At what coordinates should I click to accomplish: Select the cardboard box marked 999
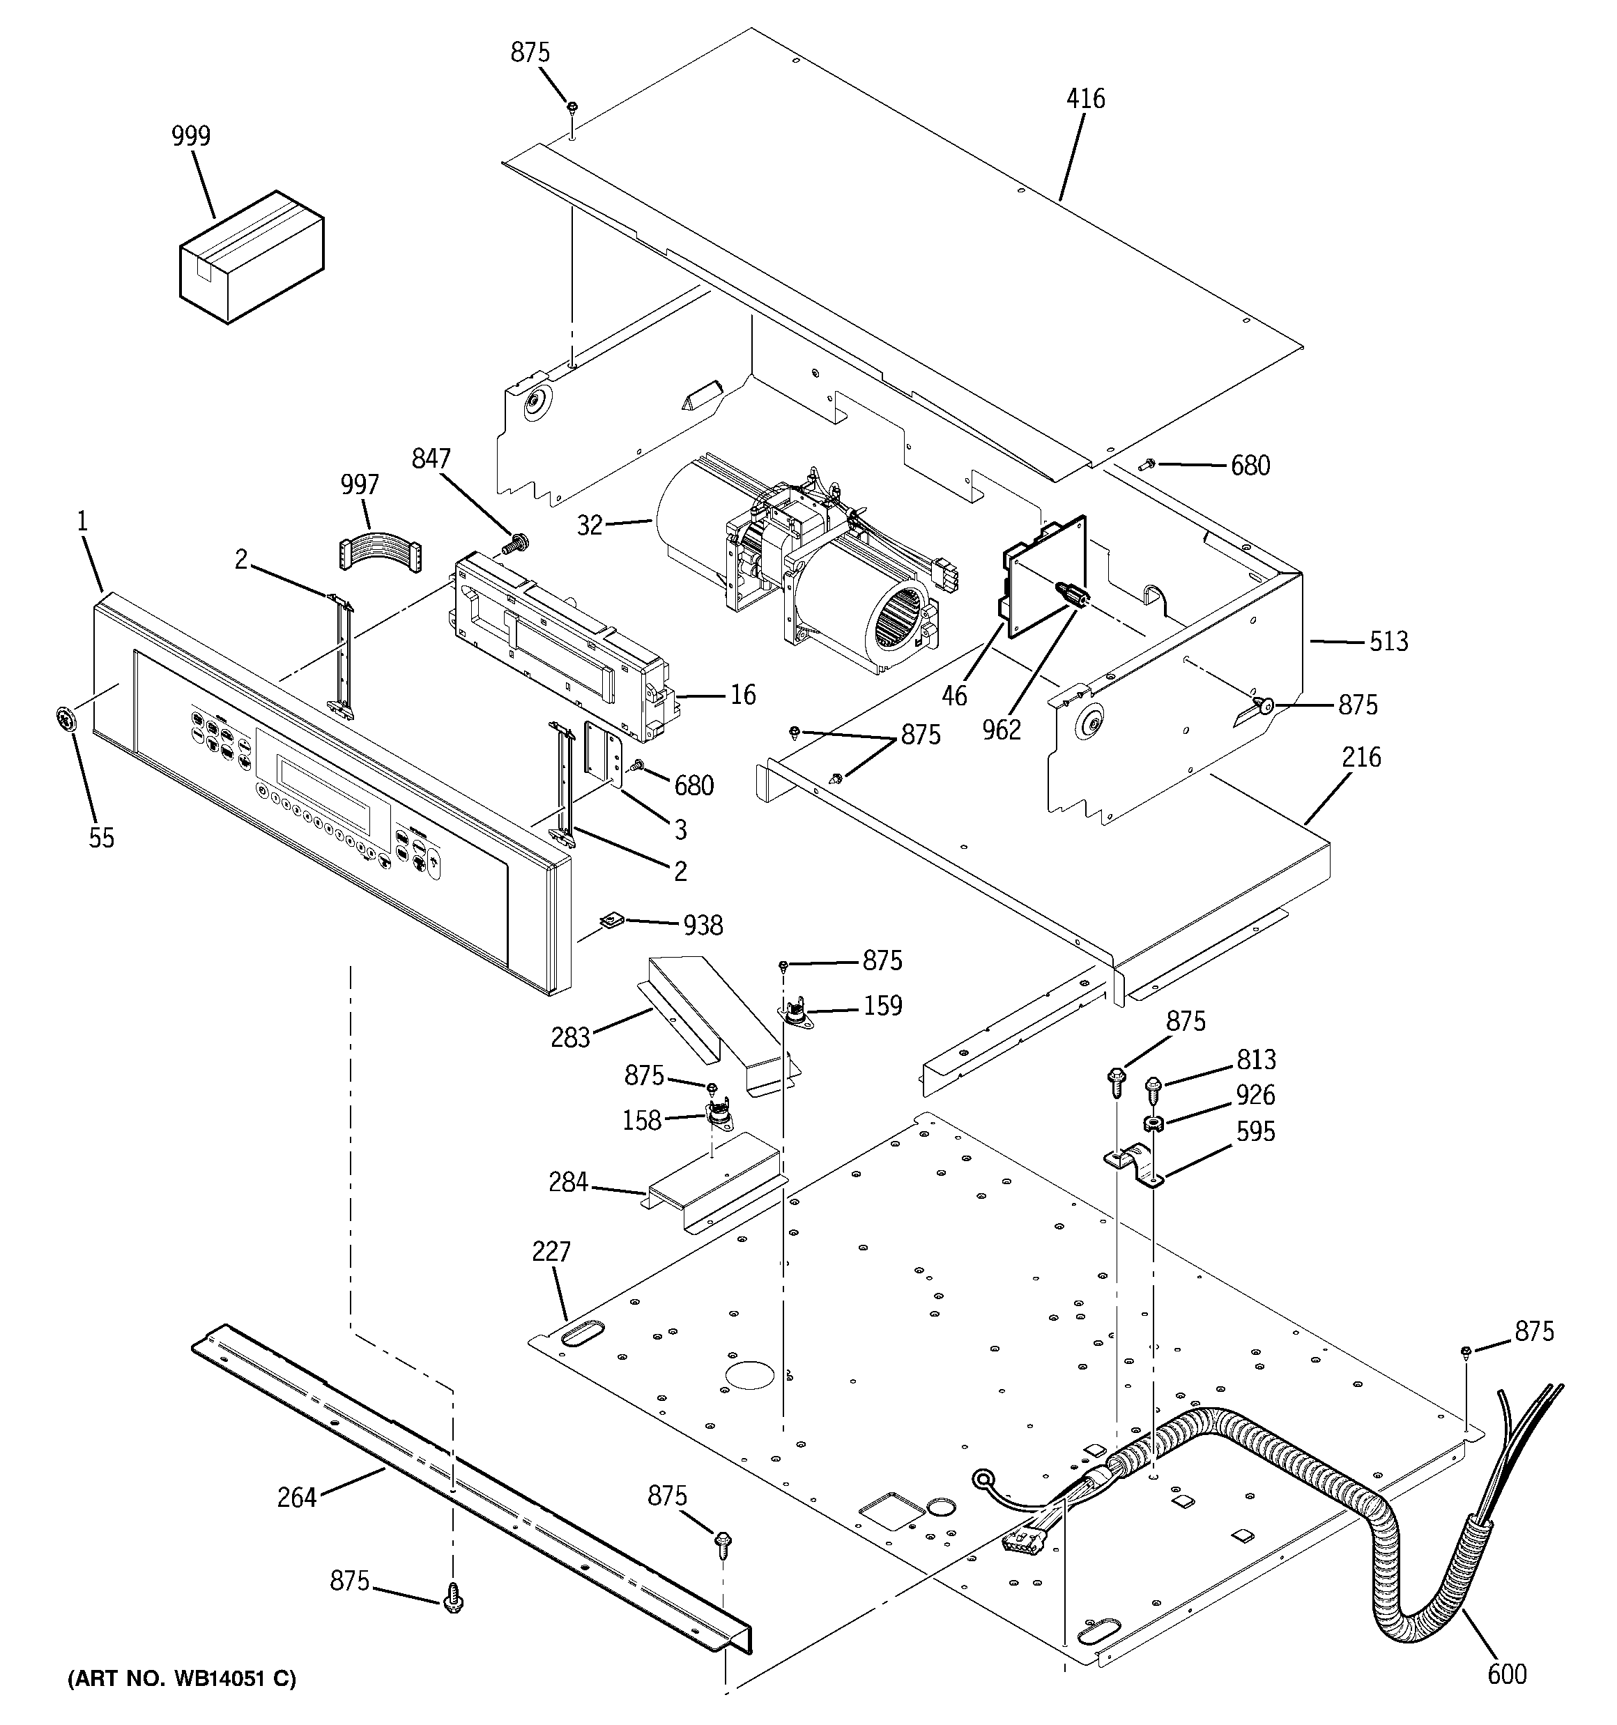click(x=251, y=259)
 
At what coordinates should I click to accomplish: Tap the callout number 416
click(x=1085, y=99)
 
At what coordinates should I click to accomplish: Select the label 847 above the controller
click(x=431, y=459)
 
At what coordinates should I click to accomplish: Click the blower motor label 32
click(x=590, y=525)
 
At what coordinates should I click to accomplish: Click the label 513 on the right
click(x=1388, y=641)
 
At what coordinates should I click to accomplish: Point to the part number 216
click(x=1361, y=758)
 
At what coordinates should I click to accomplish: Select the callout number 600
click(x=1506, y=1673)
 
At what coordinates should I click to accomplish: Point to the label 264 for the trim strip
click(x=297, y=1497)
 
